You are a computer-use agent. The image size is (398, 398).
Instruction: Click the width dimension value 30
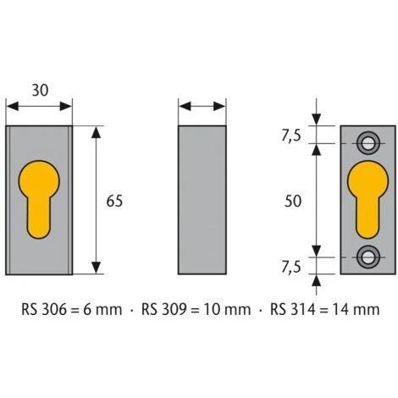[38, 89]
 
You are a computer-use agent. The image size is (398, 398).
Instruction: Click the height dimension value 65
[115, 201]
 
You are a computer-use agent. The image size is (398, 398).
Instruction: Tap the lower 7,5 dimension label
[291, 267]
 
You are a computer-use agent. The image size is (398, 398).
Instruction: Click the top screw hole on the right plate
[368, 140]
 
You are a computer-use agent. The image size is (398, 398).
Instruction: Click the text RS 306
[42, 310]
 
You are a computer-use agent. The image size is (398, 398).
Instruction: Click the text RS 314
[290, 310]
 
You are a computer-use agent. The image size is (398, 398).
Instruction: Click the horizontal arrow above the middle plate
[203, 107]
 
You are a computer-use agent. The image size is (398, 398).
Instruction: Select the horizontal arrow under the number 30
[39, 107]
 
